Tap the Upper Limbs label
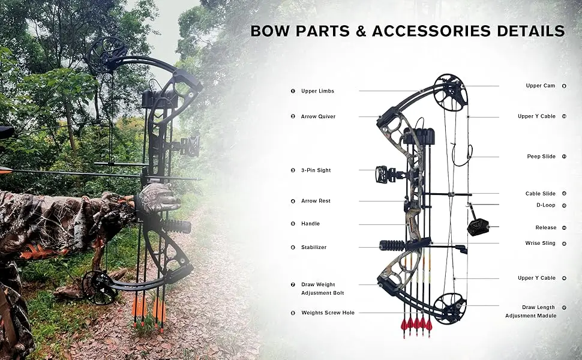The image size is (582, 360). click(317, 91)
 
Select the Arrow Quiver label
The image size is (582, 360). click(318, 116)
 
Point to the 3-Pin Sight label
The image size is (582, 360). click(316, 170)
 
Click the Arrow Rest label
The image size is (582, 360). click(316, 201)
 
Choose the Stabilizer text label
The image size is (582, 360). click(314, 247)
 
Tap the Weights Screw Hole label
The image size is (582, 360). click(328, 313)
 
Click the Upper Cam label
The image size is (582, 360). click(540, 86)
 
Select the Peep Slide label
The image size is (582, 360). click(541, 157)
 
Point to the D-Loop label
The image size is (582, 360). click(545, 205)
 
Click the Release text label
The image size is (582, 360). click(546, 228)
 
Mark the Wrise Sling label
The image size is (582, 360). click(541, 244)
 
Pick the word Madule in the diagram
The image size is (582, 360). click(543, 316)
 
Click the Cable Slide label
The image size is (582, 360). click(541, 194)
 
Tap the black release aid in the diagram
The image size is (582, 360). click(478, 226)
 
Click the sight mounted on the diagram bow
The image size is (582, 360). click(383, 175)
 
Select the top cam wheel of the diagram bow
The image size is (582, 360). click(451, 92)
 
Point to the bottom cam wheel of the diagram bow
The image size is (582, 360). click(450, 308)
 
